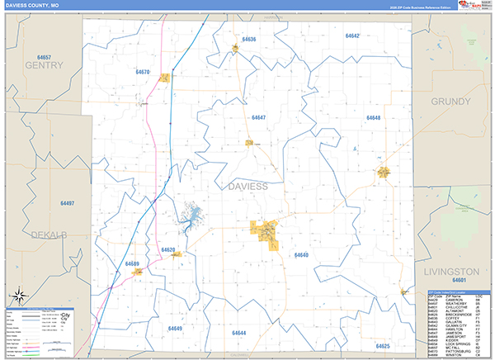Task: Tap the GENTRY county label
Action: tap(44, 64)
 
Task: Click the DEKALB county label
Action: tap(49, 235)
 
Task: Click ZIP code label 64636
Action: tap(249, 39)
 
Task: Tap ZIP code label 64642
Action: tap(352, 36)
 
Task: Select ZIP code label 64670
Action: tap(142, 73)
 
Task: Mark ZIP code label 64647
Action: tap(259, 118)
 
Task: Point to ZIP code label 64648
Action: tap(373, 118)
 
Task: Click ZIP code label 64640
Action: tap(301, 255)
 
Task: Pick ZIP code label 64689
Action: tap(132, 263)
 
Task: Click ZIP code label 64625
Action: tap(382, 346)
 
